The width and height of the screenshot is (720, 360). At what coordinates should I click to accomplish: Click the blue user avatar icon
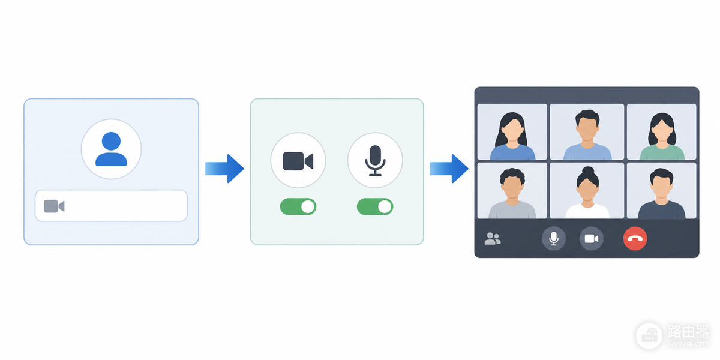point(111,149)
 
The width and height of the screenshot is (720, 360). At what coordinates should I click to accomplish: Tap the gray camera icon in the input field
point(54,206)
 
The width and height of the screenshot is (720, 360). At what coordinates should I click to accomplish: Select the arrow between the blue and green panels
point(224,169)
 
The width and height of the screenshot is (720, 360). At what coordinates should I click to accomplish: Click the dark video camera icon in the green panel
point(298,161)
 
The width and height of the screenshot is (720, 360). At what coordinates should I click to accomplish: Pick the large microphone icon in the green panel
point(375,161)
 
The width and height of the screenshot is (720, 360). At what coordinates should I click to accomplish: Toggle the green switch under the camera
point(298,206)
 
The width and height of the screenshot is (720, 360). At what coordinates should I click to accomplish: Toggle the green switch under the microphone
point(375,206)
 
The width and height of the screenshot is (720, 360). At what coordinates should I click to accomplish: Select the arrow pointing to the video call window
point(449,169)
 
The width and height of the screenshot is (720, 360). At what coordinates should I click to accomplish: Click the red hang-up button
point(635,239)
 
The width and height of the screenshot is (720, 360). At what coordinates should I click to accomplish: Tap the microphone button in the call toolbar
point(553,239)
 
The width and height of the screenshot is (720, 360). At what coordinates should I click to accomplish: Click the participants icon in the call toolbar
point(493,239)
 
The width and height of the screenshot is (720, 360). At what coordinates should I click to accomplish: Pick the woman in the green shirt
point(662,136)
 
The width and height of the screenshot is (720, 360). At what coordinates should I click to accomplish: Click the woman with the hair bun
point(587,192)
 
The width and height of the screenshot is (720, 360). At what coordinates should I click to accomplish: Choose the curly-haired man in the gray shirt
point(512,193)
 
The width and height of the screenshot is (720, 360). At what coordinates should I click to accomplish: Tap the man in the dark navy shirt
point(661,193)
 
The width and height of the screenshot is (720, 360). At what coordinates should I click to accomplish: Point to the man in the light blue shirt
point(587,135)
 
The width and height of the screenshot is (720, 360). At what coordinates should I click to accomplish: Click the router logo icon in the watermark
point(649,336)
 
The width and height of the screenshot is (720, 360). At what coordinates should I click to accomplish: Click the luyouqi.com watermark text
point(688,344)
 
